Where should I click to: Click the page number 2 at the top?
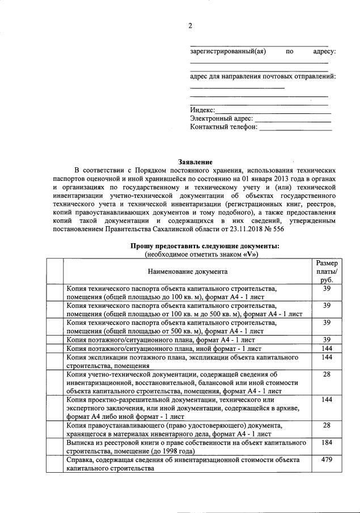point(190,26)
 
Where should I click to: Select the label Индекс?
point(202,110)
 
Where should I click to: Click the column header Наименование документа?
point(188,272)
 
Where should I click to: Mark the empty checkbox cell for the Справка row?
point(54,464)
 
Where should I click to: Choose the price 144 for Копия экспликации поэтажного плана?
point(327,358)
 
